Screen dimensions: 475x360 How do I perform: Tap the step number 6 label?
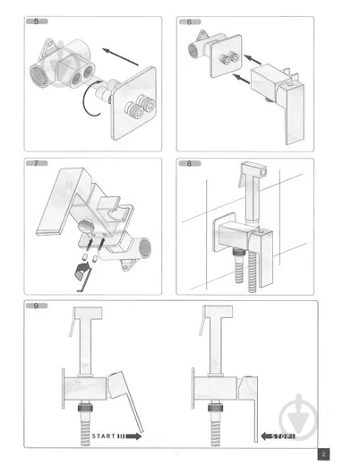[189, 22]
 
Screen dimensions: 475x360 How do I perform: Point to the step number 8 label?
[189, 163]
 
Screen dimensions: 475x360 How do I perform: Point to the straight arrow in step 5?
[123, 63]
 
